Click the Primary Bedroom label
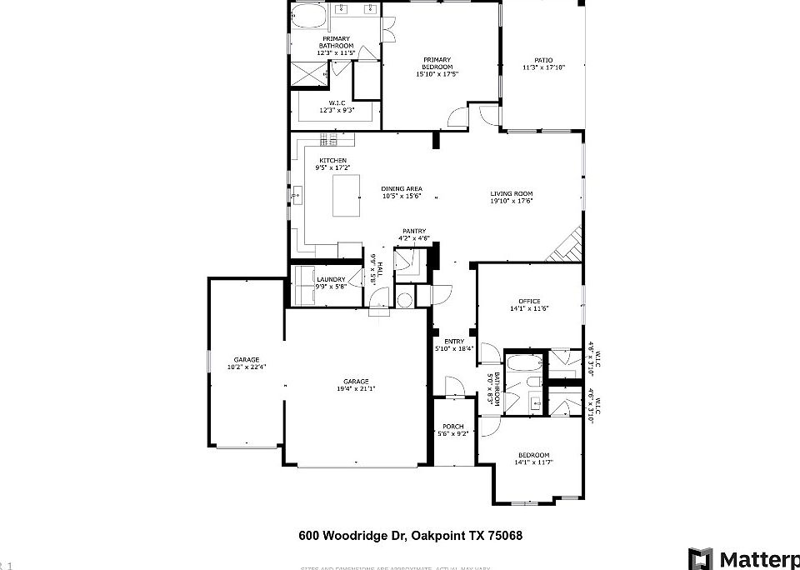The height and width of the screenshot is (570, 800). tap(437, 60)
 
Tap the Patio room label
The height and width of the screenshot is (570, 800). tap(543, 60)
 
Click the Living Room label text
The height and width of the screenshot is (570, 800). tap(511, 194)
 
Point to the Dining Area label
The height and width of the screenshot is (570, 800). tap(402, 189)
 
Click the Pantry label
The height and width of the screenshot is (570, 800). tap(414, 232)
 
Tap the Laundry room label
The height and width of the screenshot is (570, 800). tap(330, 280)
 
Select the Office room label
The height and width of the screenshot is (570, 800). tap(529, 301)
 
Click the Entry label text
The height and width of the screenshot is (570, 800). tap(454, 342)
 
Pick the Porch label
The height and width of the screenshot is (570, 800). tap(453, 427)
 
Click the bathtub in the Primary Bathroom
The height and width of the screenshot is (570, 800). tap(310, 15)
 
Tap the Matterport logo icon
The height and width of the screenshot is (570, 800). tap(700, 558)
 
